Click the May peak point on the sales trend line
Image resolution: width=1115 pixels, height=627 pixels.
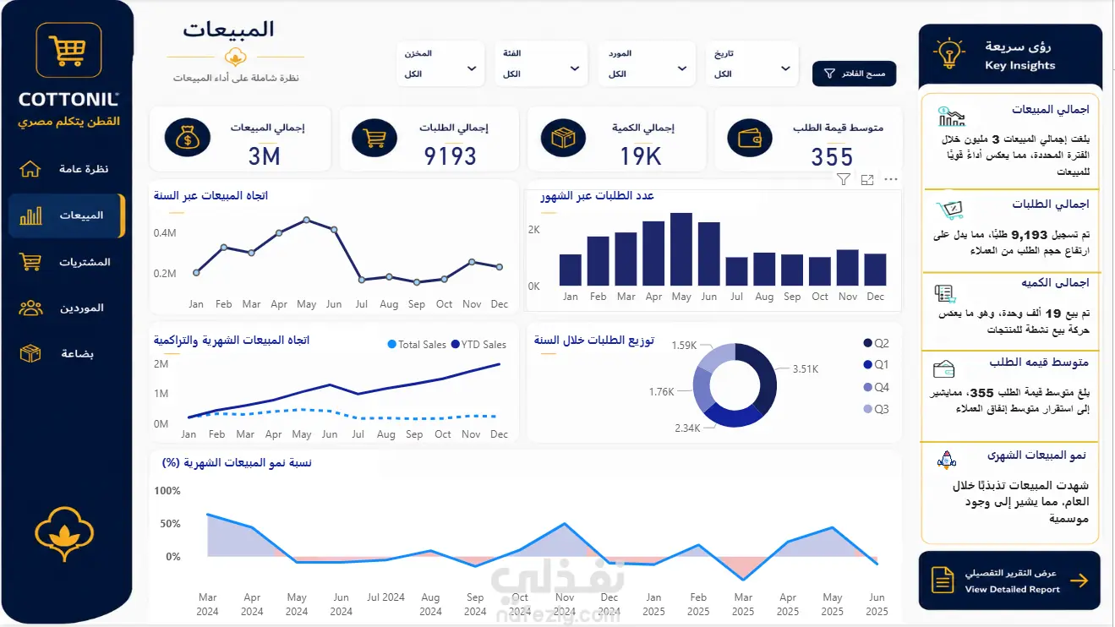(x=307, y=220)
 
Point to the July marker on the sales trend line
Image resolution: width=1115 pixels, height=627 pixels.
(x=361, y=280)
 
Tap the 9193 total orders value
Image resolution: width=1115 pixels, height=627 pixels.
(x=450, y=156)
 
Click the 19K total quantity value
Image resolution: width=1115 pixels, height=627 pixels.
(x=640, y=156)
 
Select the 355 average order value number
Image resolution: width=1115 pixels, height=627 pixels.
(x=832, y=157)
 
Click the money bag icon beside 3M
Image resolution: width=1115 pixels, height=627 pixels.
(x=187, y=138)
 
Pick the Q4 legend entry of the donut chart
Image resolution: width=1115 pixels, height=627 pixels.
(x=876, y=387)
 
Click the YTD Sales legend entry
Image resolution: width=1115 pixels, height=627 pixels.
(x=478, y=345)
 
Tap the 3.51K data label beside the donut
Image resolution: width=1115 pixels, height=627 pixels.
(x=806, y=369)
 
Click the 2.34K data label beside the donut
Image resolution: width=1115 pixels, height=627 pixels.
(x=687, y=428)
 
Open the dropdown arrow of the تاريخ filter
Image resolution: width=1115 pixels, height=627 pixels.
(x=785, y=68)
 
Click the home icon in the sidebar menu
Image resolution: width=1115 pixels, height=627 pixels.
(x=30, y=169)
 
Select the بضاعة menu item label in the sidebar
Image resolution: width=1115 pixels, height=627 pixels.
(x=77, y=354)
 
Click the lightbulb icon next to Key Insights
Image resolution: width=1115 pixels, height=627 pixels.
(x=948, y=52)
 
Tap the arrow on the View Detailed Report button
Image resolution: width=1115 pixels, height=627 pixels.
(x=1079, y=581)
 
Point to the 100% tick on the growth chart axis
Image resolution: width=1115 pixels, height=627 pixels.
(x=167, y=491)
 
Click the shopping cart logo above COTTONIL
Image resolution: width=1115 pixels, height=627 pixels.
(x=68, y=50)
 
